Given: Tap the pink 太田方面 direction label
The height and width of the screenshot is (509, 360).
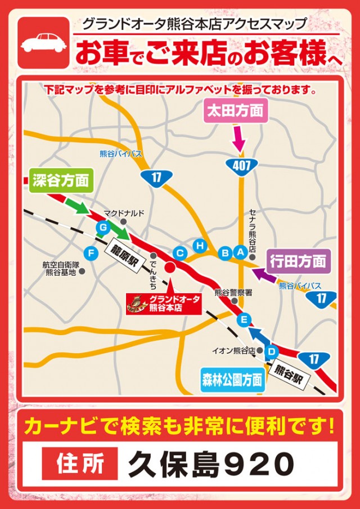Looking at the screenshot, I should (232, 111).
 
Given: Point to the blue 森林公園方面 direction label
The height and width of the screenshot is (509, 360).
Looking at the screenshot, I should (232, 381).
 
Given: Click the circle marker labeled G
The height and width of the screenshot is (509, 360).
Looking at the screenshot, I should (102, 227).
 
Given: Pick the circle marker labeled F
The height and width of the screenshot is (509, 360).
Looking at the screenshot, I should (89, 252).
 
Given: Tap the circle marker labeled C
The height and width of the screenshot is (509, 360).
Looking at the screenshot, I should (180, 253).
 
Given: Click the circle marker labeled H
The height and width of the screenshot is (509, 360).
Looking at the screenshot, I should (199, 245).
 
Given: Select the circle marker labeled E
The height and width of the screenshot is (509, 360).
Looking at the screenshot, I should (244, 320).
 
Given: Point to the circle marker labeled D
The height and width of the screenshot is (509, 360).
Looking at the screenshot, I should (271, 352).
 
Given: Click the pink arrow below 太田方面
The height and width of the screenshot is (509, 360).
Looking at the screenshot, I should (238, 137).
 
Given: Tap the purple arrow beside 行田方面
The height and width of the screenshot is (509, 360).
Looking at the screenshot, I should (260, 274).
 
